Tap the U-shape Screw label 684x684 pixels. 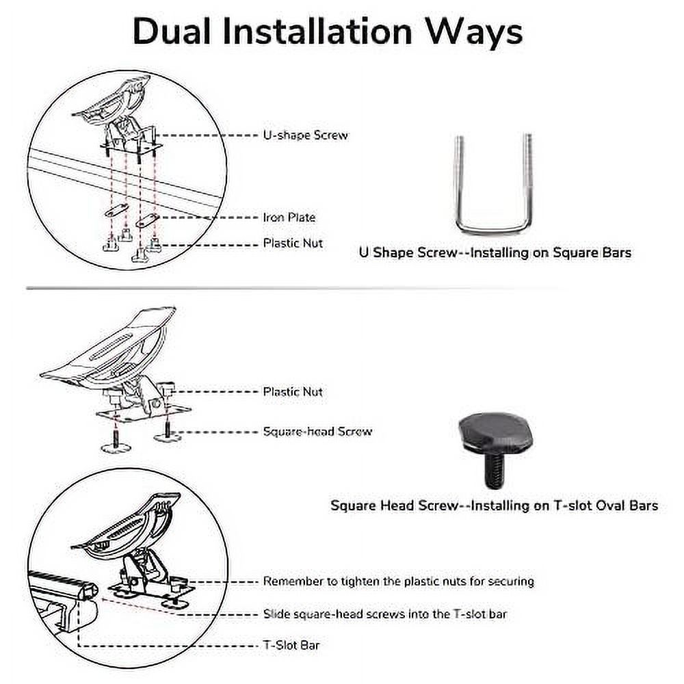(305, 135)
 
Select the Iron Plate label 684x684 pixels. (289, 218)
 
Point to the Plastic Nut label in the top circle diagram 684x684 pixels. (293, 243)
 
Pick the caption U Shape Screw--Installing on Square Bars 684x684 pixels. (495, 252)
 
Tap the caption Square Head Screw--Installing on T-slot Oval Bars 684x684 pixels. (494, 505)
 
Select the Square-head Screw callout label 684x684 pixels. (317, 432)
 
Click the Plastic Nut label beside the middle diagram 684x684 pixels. (293, 392)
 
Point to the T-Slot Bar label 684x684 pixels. (291, 644)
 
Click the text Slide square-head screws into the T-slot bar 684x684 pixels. (385, 614)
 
